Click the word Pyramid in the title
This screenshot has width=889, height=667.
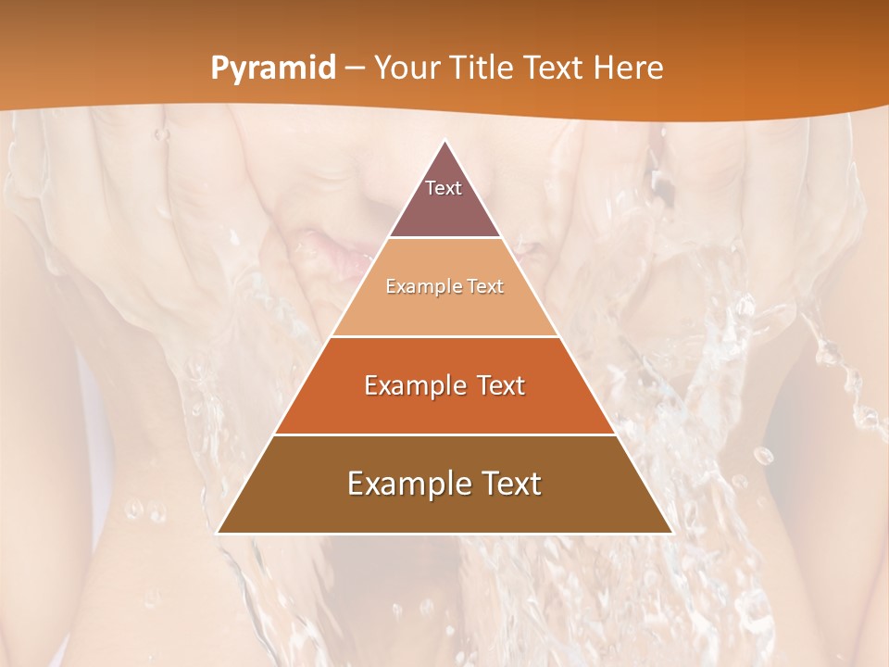point(272,69)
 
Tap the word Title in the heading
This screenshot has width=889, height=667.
point(483,69)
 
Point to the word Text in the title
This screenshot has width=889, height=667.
point(554,69)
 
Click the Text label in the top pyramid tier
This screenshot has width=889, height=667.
point(444,188)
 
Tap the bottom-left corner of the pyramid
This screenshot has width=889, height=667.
point(218,533)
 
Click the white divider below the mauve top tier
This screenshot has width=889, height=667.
point(445,238)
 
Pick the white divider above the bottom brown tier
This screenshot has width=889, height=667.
point(445,434)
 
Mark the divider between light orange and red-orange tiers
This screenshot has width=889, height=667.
point(445,336)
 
